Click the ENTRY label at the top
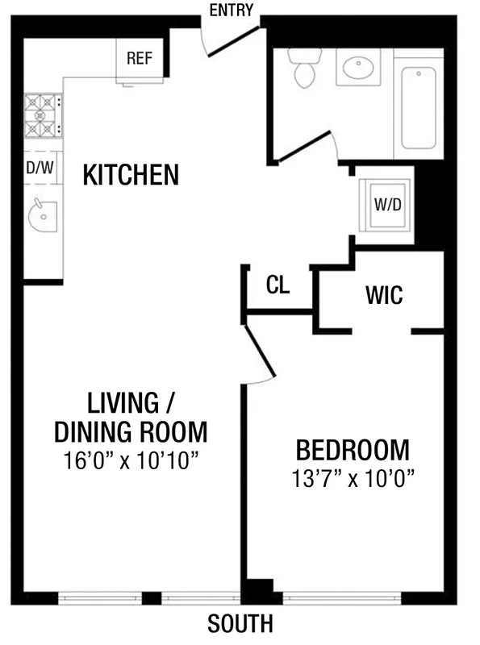pos(231,10)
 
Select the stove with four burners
pos(42,115)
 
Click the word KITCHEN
pos(131,175)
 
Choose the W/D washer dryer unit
pos(386,204)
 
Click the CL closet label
pos(278,285)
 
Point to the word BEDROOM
pos(352,449)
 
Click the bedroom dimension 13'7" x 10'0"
pos(352,478)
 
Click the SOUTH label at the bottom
pos(240,623)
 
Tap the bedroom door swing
pos(260,352)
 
